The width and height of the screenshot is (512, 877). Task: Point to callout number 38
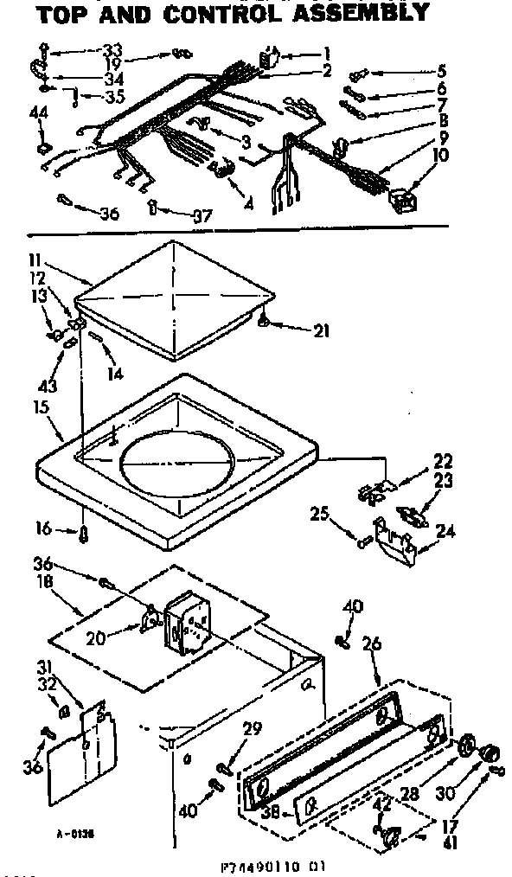269,814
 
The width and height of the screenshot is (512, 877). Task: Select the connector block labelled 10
404,202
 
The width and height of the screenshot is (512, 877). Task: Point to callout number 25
320,516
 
